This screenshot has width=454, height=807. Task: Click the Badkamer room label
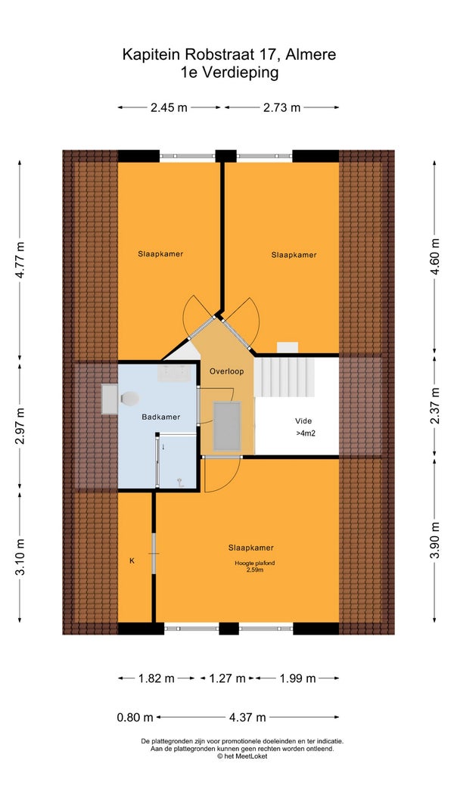tap(161, 417)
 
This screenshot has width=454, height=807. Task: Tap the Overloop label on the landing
tap(226, 371)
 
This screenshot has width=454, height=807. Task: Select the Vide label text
tap(303, 421)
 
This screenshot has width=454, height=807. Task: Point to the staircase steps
tap(285, 377)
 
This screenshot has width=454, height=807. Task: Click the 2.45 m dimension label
tap(169, 107)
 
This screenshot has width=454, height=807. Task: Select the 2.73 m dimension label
tap(281, 107)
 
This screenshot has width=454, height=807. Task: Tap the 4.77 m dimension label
tap(20, 260)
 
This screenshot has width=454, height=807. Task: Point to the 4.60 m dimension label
tap(435, 257)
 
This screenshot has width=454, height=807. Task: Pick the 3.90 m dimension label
tap(435, 540)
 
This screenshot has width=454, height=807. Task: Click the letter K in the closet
tap(132, 561)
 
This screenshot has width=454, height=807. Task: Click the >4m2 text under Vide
tap(305, 433)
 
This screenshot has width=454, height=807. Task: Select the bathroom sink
tap(174, 373)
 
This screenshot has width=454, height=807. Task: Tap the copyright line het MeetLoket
tap(242, 756)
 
